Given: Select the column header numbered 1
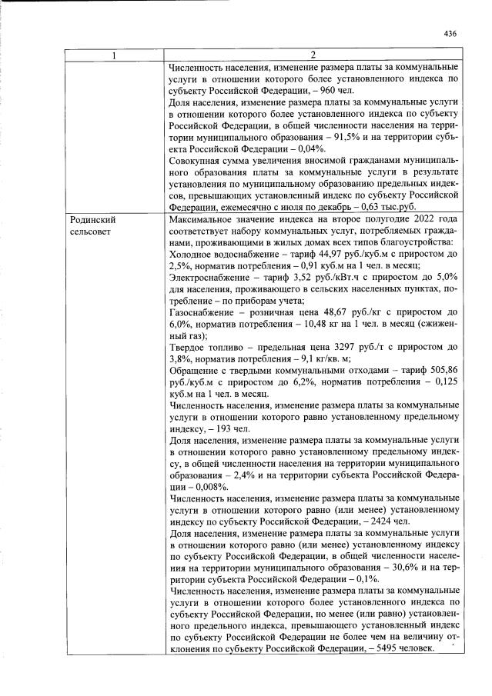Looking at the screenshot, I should click(x=115, y=55).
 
